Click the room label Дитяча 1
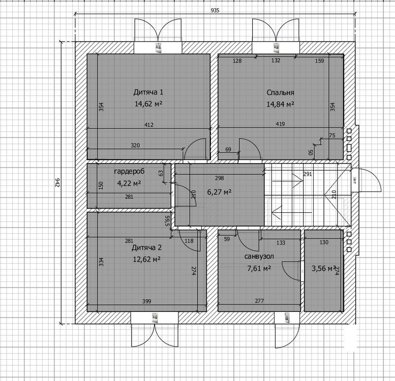click(148, 92)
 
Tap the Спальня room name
click(281, 92)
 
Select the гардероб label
click(129, 172)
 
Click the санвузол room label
click(259, 257)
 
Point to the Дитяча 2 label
click(146, 248)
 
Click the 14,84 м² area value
click(281, 104)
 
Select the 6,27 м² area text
click(219, 192)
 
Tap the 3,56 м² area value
click(324, 269)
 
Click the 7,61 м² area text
click(259, 268)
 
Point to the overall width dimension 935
click(215, 10)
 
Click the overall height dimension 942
click(57, 182)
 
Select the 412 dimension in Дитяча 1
click(149, 125)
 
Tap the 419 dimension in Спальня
click(281, 124)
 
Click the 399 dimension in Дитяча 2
click(146, 301)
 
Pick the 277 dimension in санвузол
click(259, 301)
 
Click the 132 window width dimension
click(276, 60)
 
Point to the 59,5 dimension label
click(168, 220)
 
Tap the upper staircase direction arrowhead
click(300, 180)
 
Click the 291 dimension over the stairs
click(308, 174)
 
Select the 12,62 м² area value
click(146, 259)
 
